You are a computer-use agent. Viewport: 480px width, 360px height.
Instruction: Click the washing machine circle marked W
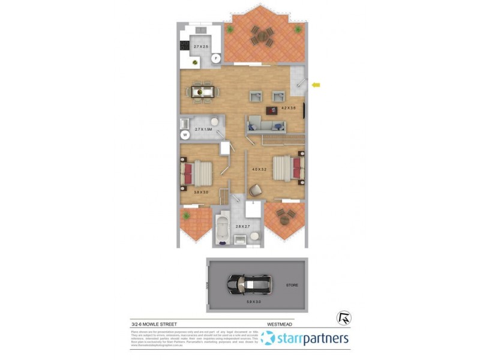185,135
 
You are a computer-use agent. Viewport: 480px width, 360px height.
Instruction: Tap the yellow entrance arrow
316,85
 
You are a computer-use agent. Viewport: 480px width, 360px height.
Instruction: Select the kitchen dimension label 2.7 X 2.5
202,46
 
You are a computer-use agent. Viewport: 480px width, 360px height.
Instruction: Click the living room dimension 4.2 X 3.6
290,108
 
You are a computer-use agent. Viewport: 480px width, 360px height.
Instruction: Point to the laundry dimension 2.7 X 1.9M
204,129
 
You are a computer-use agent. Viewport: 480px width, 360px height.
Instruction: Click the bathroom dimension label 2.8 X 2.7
243,226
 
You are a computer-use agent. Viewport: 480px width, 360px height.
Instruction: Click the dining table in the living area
203,92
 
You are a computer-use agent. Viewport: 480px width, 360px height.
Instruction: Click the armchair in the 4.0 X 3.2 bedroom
255,190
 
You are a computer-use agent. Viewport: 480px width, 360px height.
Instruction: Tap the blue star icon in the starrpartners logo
268,339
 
